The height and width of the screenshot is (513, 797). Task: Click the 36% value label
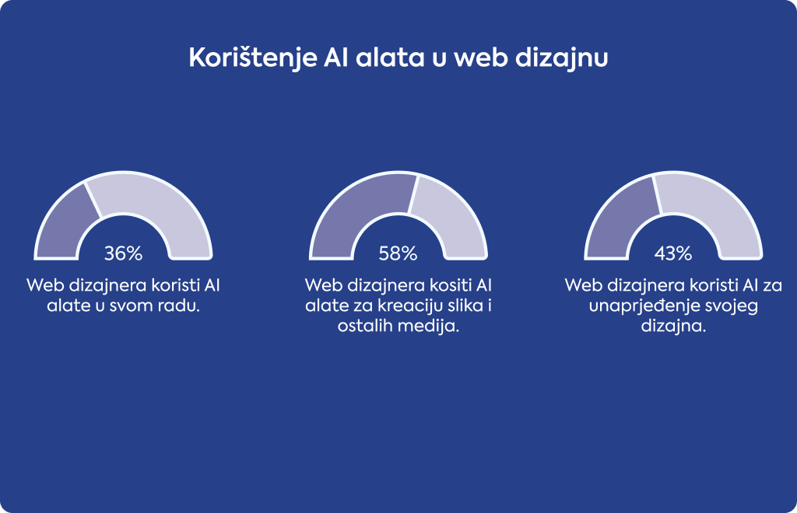point(123,253)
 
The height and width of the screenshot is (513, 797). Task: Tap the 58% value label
point(398,253)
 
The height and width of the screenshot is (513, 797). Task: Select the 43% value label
point(673,253)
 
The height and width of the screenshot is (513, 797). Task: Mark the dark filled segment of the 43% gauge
point(617,218)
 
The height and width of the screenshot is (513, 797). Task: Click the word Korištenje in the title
point(253,58)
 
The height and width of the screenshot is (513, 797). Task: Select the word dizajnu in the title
point(562,58)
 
